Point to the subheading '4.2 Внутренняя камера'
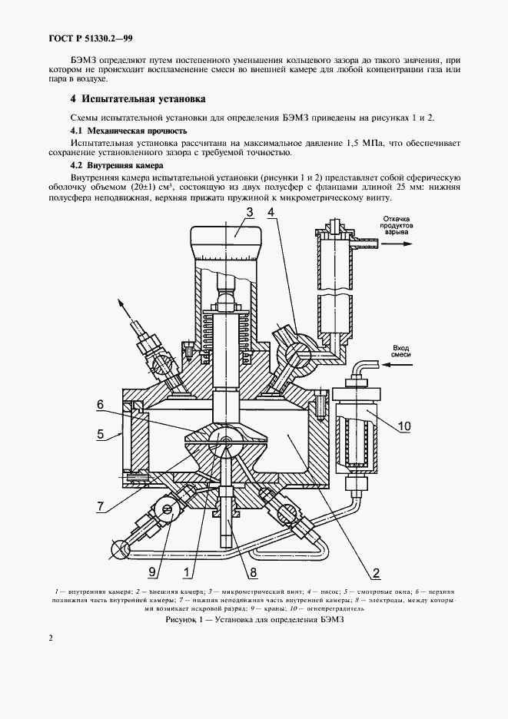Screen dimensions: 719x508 click(x=116, y=165)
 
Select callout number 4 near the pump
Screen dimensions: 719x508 click(x=273, y=211)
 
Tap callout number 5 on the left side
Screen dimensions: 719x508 click(x=100, y=434)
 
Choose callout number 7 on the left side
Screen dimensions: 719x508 click(x=100, y=505)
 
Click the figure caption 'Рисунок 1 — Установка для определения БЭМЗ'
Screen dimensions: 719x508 click(x=254, y=621)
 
